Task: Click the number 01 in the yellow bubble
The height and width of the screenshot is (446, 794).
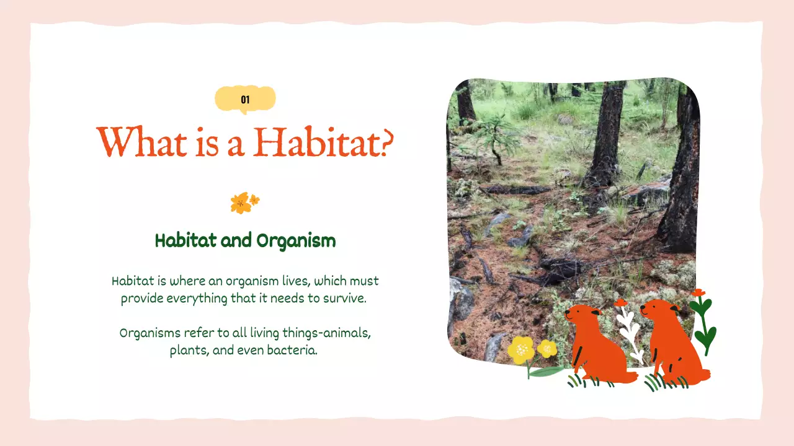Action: [x=245, y=100]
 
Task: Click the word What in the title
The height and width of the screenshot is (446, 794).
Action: [x=141, y=142]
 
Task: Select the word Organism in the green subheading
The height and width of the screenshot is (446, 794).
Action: [x=296, y=242]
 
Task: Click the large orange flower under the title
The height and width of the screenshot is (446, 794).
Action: [x=239, y=203]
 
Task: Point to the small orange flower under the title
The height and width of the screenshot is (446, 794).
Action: [x=254, y=200]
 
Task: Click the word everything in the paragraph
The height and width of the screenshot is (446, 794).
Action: [x=197, y=299]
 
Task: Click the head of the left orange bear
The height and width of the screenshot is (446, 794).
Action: [x=581, y=313]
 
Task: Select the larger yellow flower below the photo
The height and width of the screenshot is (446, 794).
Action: [x=520, y=350]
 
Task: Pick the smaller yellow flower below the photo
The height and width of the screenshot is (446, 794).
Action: [x=547, y=349]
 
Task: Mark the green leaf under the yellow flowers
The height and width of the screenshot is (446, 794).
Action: [x=546, y=372]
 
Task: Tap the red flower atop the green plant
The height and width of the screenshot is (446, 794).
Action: [x=698, y=293]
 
